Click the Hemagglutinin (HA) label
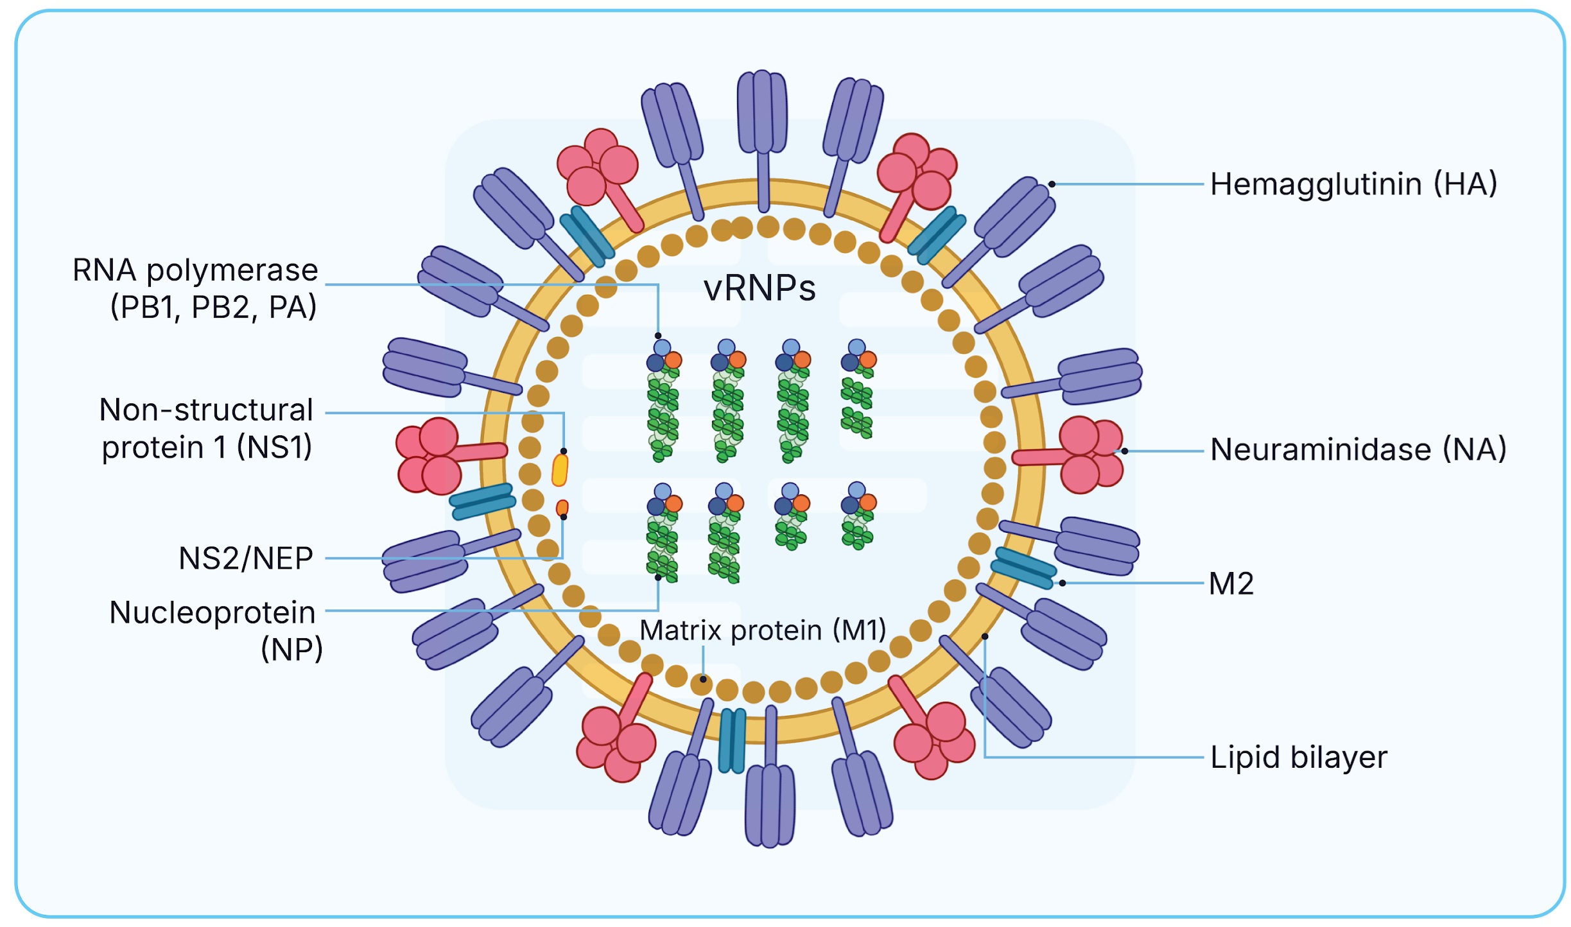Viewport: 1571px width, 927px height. coord(1353,184)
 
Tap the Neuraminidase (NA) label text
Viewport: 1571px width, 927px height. coord(1357,449)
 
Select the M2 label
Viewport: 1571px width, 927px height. coord(1231,584)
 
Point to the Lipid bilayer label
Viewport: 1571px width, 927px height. coord(1298,758)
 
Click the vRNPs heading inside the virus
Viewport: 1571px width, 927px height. coord(759,288)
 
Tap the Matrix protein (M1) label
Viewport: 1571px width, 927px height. coord(763,630)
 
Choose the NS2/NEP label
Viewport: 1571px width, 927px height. coord(246,559)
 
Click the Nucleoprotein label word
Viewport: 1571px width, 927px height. coord(213,612)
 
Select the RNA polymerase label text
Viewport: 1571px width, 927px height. coord(195,270)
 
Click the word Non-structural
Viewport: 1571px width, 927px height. coord(206,410)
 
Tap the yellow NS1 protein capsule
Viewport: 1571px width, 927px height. coord(560,470)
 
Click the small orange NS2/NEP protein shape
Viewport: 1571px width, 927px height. coord(562,508)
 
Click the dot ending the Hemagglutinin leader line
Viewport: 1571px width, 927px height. coord(1052,184)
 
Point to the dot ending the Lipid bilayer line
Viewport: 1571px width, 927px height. coord(985,637)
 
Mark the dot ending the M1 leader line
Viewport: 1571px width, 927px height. coord(703,679)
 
